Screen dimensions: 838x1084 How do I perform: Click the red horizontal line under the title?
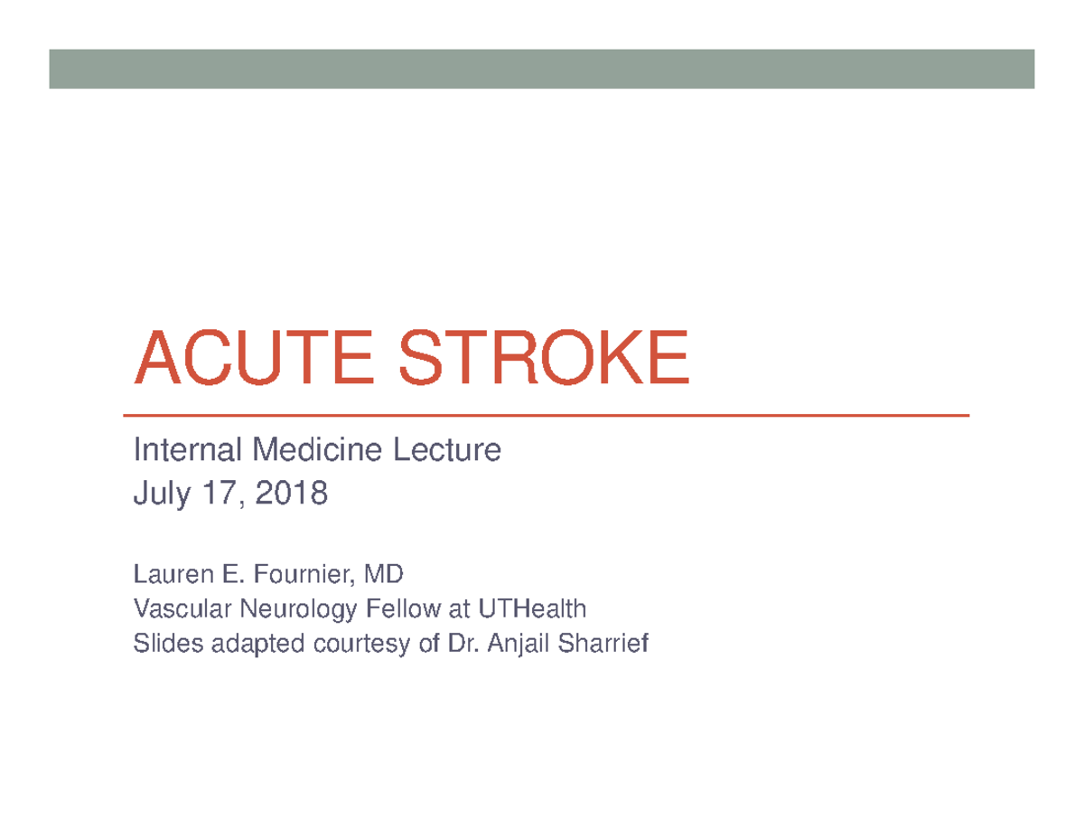coord(551,416)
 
